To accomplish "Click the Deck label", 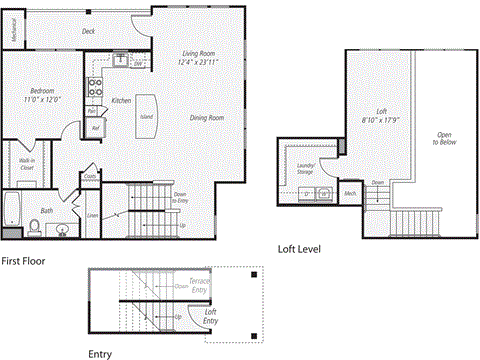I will click(x=89, y=31).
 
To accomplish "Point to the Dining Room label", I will click(x=207, y=118).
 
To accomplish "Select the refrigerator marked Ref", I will click(x=96, y=127).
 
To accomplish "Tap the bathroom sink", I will click(x=63, y=229).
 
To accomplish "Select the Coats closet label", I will click(x=90, y=178).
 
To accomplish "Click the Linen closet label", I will click(x=93, y=215).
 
